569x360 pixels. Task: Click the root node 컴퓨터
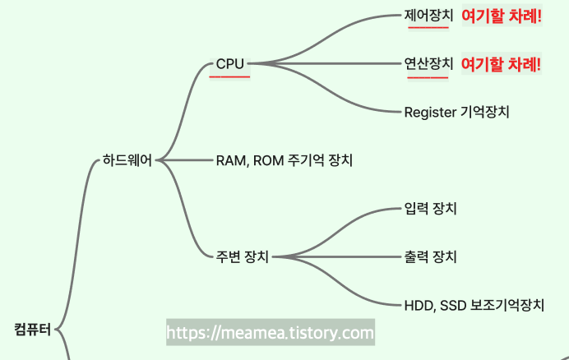33,330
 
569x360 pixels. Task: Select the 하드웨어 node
127,160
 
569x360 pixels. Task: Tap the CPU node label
230,63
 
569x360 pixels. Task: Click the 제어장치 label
428,15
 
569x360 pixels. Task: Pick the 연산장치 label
428,63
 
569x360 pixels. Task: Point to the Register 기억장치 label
456,112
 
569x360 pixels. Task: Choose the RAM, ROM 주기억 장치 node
284,160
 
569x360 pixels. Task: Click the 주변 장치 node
242,257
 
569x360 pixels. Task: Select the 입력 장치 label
430,209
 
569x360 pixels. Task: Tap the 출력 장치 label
430,257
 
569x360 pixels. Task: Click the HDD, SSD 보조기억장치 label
474,306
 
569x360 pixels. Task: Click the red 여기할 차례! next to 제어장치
502,16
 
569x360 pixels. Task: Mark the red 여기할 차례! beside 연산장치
502,64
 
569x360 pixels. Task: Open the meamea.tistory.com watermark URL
271,333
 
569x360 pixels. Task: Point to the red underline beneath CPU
229,76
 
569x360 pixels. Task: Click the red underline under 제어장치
428,28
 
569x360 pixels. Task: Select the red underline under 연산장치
428,76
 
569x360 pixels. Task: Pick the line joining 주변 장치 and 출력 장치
337,257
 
